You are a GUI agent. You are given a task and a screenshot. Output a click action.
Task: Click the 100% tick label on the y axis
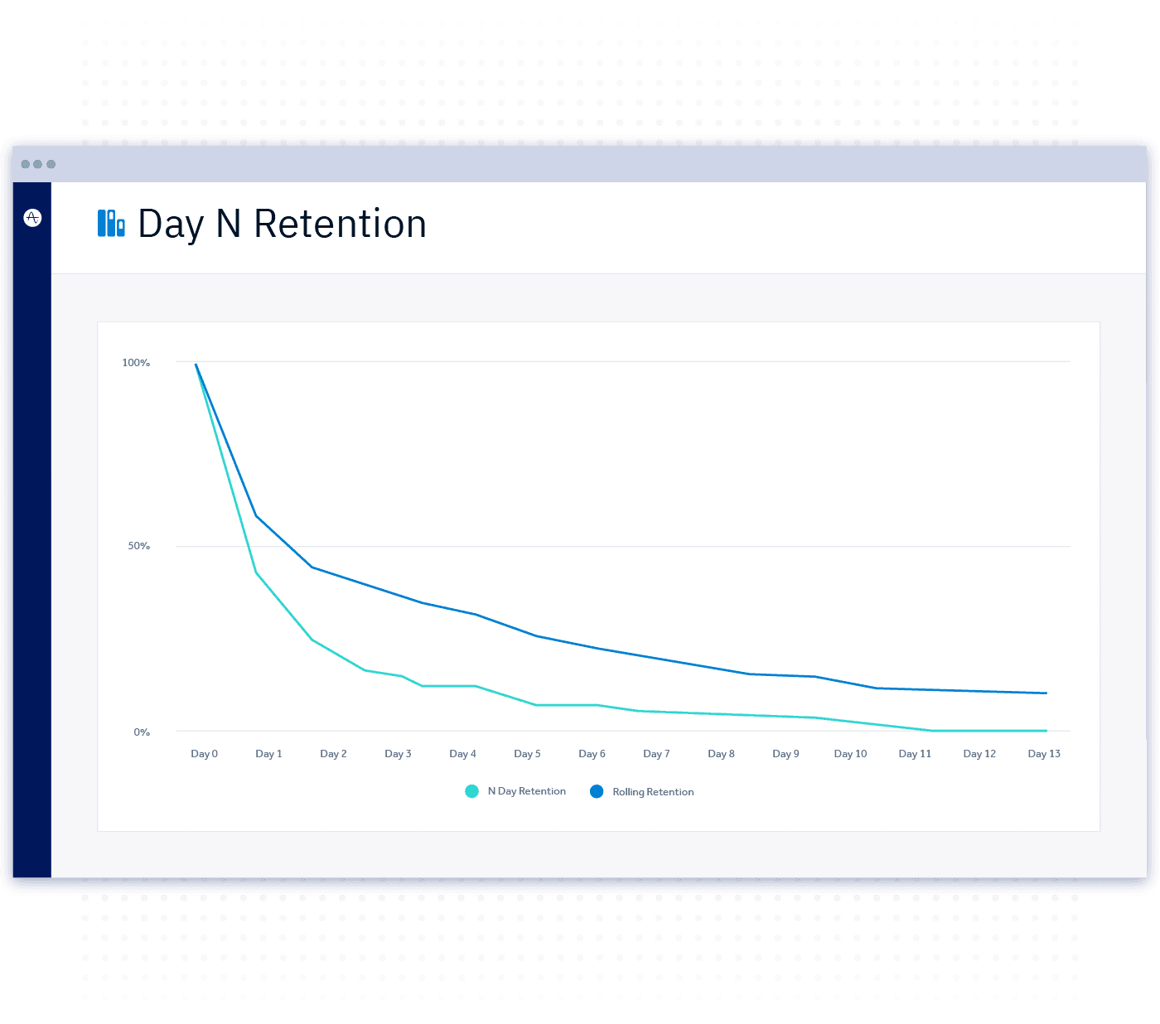tap(136, 363)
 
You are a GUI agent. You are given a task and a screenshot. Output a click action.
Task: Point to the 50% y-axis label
tap(138, 546)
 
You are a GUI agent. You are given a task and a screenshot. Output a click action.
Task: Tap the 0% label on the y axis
tap(142, 732)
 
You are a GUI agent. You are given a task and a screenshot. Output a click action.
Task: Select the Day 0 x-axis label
tap(204, 754)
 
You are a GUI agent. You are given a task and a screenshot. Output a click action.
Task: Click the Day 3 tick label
tap(398, 754)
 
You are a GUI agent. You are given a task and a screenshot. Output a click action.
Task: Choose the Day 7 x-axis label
tap(656, 754)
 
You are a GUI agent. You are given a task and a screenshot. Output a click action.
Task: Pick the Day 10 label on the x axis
tap(850, 754)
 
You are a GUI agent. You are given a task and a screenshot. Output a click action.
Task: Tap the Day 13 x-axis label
tap(1044, 754)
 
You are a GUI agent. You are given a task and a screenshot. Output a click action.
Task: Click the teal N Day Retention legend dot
tap(471, 791)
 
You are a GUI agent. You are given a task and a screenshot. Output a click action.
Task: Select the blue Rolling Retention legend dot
tap(597, 791)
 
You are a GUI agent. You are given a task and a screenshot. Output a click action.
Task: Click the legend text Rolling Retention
tap(653, 792)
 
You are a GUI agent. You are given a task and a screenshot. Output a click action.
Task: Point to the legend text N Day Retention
tap(526, 791)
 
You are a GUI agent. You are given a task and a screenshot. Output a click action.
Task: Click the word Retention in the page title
tap(340, 225)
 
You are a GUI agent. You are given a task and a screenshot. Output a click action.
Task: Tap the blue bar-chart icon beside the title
tap(111, 223)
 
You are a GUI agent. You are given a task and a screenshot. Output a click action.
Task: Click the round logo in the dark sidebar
tap(32, 218)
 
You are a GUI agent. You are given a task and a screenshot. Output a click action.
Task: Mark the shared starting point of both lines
tap(196, 365)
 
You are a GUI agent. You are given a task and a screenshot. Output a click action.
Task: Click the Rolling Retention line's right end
tap(1046, 693)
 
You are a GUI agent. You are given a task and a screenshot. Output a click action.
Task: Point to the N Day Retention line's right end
tap(1046, 731)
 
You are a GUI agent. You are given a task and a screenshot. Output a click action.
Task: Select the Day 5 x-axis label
tap(527, 754)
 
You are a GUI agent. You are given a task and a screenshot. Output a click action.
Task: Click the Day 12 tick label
tap(979, 754)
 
